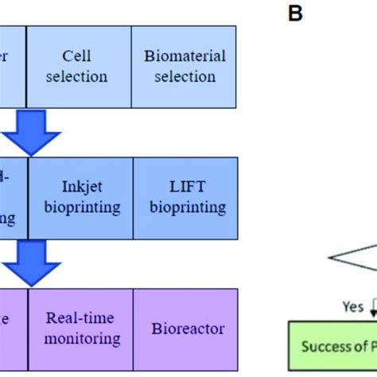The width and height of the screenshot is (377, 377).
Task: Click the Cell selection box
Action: [x=78, y=66]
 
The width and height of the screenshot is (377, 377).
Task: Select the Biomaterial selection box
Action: [x=184, y=66]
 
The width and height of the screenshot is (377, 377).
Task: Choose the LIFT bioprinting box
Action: [x=185, y=197]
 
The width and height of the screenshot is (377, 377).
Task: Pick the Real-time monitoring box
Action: [x=80, y=328]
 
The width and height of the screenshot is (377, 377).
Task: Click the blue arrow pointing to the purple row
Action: [x=31, y=262]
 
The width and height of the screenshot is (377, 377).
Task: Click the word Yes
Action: [x=353, y=305]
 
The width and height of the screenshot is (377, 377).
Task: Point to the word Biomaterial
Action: [x=185, y=56]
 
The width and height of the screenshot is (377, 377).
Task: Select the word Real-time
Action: [x=80, y=318]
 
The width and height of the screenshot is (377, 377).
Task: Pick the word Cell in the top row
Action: [x=78, y=56]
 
